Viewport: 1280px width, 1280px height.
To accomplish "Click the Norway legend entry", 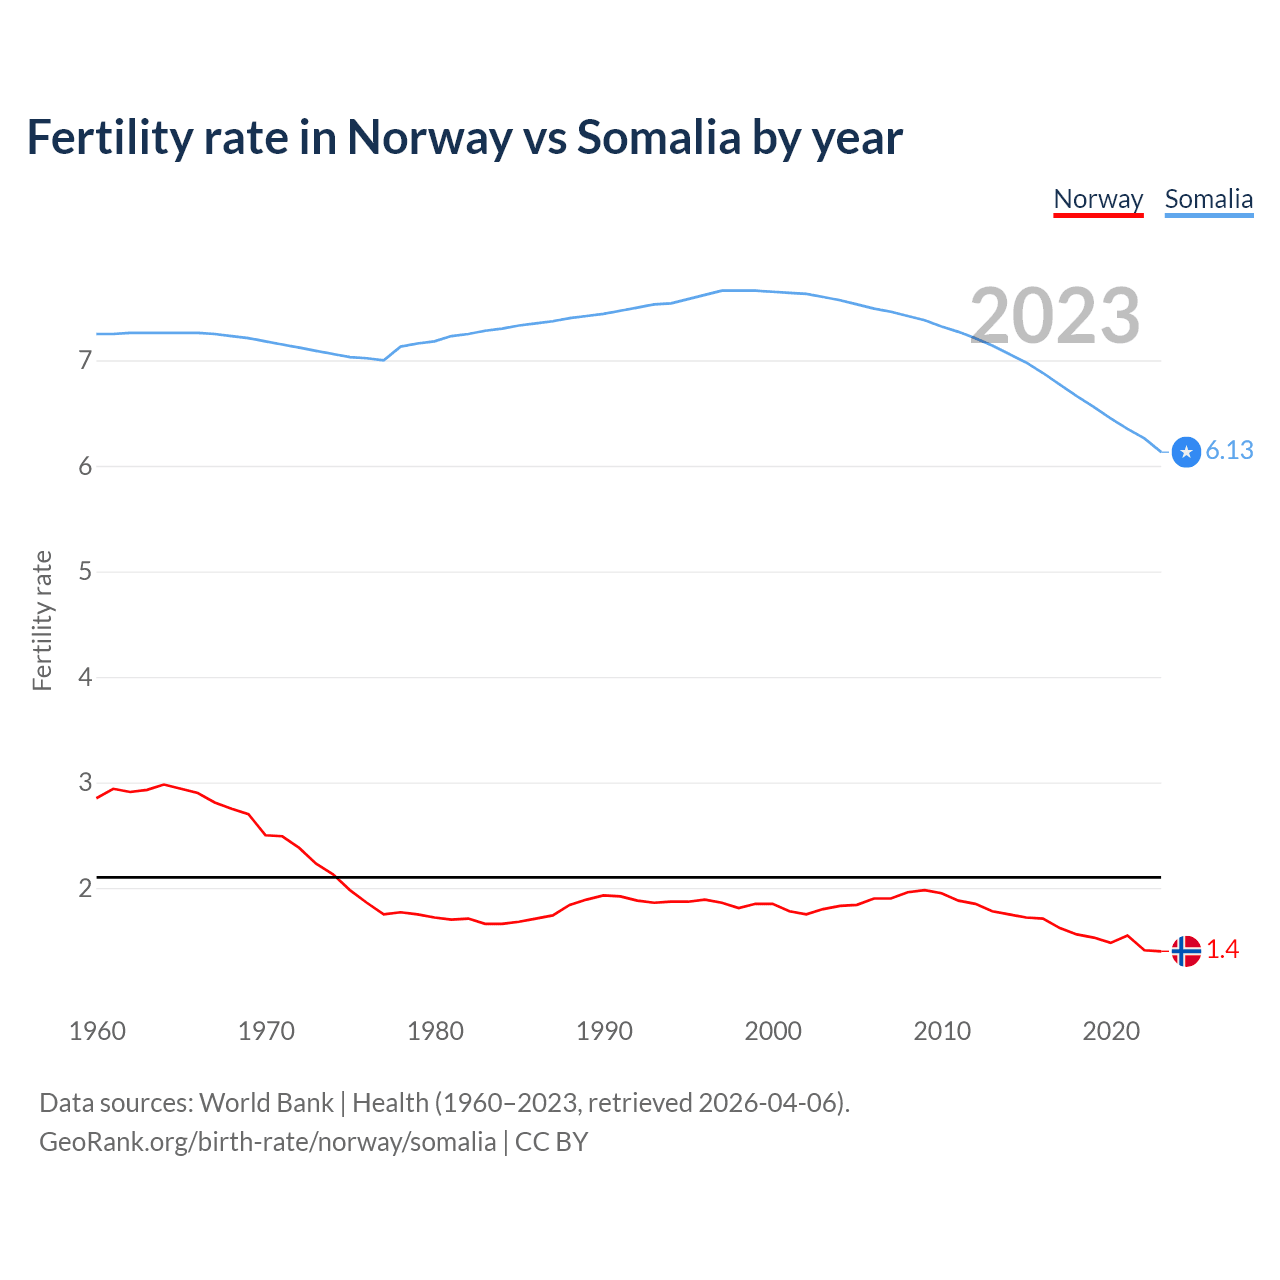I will click(1098, 199).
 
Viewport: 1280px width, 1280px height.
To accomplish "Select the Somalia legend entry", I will click(1208, 199).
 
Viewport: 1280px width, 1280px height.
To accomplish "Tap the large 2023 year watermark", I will click(1055, 316).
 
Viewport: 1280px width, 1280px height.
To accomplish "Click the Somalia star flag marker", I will click(1186, 452).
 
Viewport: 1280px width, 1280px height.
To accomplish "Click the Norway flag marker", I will click(1186, 951).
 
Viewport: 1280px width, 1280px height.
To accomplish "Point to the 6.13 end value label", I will click(1229, 451).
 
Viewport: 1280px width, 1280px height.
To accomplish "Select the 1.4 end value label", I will click(1222, 950).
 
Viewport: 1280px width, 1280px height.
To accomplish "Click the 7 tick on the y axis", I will click(85, 360).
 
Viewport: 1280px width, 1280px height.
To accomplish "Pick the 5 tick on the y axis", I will click(85, 571).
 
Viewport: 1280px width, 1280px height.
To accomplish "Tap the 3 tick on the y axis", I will click(85, 782).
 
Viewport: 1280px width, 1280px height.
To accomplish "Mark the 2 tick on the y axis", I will click(85, 888).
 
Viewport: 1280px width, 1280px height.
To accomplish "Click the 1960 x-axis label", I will click(97, 1031).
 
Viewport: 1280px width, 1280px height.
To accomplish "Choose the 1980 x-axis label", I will click(435, 1031).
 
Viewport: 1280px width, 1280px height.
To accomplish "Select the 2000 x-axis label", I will click(773, 1031).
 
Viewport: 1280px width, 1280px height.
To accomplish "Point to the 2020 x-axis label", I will click(1111, 1031).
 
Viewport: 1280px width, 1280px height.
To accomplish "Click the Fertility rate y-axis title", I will click(42, 620).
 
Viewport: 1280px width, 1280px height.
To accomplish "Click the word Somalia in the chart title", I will click(659, 138).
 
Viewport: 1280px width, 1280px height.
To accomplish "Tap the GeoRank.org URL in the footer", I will click(267, 1142).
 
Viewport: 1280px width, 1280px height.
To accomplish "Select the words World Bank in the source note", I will click(266, 1103).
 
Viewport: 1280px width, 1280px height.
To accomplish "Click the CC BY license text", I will click(551, 1142).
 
